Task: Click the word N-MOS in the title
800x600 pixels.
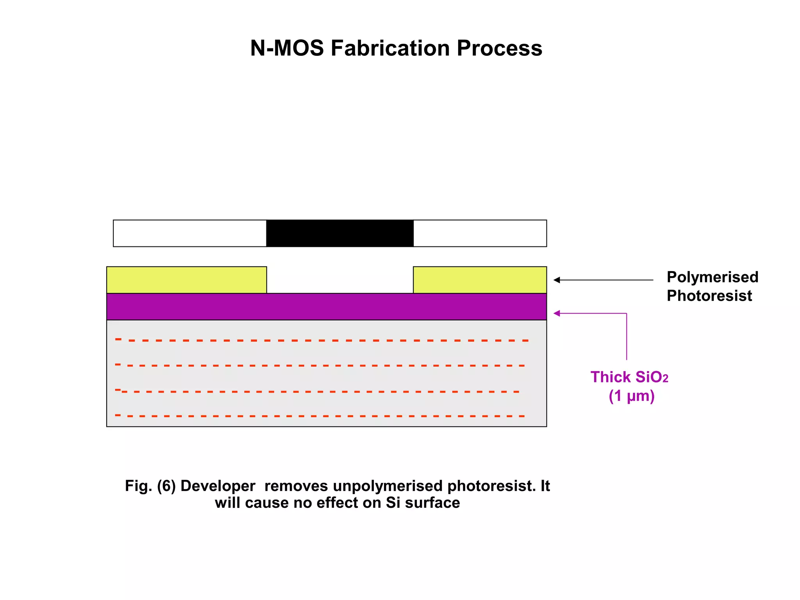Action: [x=287, y=48]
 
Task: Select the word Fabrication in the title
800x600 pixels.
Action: [x=390, y=48]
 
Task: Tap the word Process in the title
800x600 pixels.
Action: [x=500, y=48]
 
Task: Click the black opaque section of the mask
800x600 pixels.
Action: [x=339, y=233]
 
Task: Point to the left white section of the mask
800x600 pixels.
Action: [x=190, y=233]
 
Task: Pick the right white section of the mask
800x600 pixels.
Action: [x=480, y=233]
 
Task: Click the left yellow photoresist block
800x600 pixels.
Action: [x=187, y=280]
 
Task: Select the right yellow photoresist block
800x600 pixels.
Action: [x=480, y=280]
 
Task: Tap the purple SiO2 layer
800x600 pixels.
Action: [x=327, y=307]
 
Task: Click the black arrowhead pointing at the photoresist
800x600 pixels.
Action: [x=557, y=280]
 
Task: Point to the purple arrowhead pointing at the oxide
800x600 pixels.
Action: [x=557, y=313]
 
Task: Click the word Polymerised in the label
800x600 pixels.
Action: [x=712, y=277]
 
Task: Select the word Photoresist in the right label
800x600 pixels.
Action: [x=709, y=296]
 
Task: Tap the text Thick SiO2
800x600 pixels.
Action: [x=629, y=377]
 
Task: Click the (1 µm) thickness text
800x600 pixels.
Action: [x=631, y=396]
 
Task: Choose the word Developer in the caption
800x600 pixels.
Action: [x=218, y=486]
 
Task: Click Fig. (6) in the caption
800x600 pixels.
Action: [x=150, y=486]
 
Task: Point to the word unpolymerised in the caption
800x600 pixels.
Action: [x=389, y=486]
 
